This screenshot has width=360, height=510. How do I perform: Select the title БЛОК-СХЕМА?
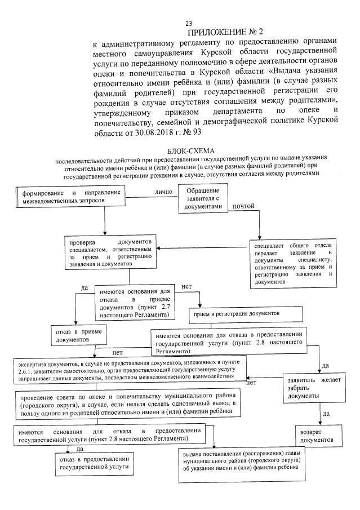[x=189, y=152]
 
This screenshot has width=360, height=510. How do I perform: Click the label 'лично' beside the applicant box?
[x=163, y=192]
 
